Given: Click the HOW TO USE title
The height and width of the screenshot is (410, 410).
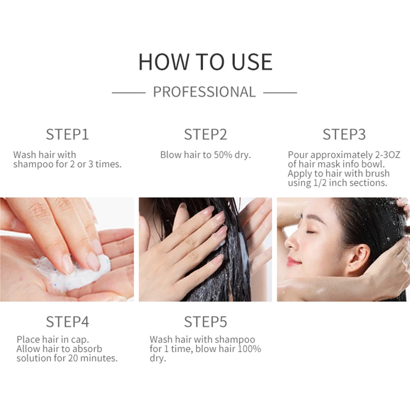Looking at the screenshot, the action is point(206,61).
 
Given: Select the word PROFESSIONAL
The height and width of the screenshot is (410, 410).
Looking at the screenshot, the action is point(204,92).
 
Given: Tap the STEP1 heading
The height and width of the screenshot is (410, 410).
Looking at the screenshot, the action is point(68,134).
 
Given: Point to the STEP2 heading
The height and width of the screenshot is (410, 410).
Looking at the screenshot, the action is point(206,134).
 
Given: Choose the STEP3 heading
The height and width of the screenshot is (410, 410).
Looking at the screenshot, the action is point(344,134).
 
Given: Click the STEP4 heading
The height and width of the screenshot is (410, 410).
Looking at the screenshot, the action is point(68,322).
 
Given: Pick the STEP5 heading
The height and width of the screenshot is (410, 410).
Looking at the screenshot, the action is point(206,322).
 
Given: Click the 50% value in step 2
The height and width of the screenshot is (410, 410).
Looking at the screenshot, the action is point(223,155).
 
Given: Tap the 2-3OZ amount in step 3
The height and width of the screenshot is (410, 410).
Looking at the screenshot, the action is point(387,155).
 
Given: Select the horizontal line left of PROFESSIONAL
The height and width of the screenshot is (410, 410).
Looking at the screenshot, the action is point(129,93).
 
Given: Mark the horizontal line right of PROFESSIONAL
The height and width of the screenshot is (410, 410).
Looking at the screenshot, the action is point(280,93).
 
